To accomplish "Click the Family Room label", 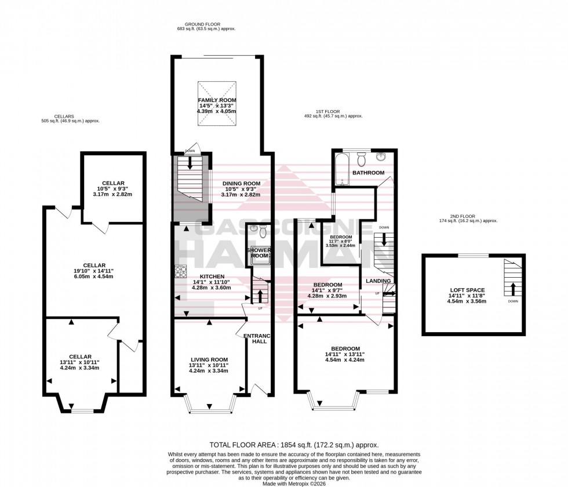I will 217,100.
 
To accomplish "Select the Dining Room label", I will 241,183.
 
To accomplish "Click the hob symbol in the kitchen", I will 181,270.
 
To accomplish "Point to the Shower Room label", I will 258,253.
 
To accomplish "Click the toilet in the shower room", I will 263,231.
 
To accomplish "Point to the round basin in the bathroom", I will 382,157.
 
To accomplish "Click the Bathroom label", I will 369,173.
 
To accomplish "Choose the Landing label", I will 378,281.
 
